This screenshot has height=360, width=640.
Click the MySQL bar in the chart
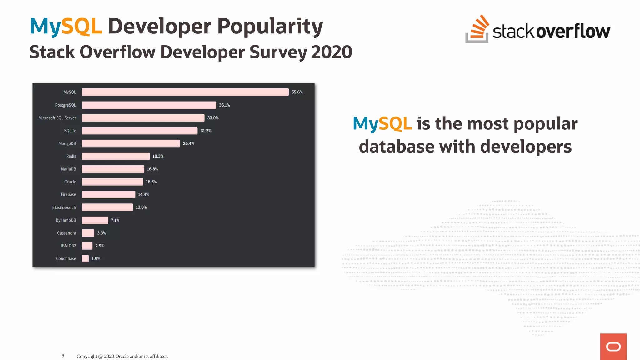pos(185,92)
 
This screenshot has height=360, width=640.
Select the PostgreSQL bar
pos(149,105)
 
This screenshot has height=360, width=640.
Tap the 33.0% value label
pos(213,118)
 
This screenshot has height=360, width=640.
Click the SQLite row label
pos(70,131)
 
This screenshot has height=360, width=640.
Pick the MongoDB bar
pos(131,143)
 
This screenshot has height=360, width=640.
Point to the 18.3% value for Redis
pos(158,156)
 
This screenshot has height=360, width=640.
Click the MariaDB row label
pos(68,169)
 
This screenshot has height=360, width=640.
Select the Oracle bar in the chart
pos(112,182)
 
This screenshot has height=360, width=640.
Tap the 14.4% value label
pos(143,194)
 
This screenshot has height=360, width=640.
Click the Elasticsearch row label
pos(64,207)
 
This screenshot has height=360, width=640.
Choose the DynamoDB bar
pos(95,220)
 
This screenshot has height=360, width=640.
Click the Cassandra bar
pos(88,233)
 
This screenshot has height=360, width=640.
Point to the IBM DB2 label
pos(68,246)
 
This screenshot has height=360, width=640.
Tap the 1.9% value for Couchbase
pos(96,259)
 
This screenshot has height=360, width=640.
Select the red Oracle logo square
pos(613,347)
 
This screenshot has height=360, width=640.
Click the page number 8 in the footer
pos(63,356)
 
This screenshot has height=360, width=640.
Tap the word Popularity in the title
pos(270,27)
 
